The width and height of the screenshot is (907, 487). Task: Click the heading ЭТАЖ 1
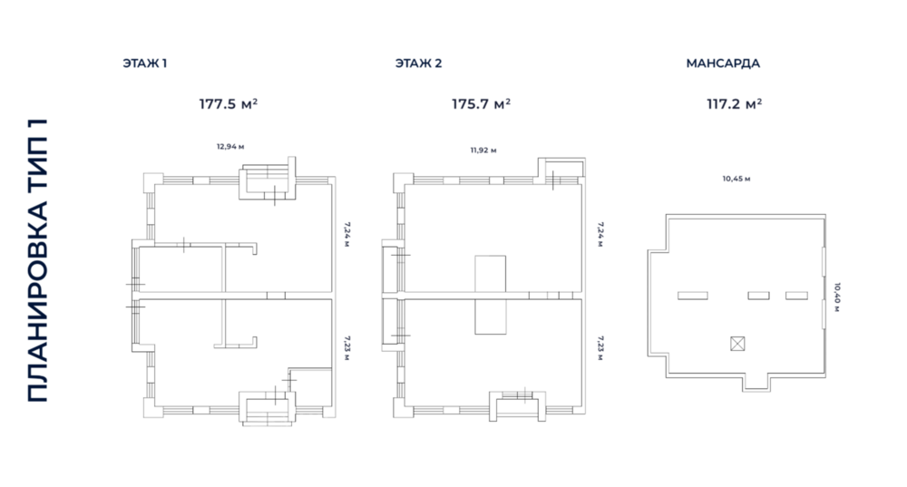[145, 63]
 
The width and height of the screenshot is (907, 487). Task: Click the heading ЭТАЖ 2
[418, 63]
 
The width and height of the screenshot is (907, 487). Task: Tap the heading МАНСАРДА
[723, 63]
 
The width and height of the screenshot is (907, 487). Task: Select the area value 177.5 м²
[229, 103]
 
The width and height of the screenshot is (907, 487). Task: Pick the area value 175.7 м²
[481, 103]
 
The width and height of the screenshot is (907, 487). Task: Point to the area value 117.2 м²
[734, 103]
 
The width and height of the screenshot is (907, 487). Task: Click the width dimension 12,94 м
[230, 145]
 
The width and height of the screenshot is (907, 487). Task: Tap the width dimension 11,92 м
[483, 150]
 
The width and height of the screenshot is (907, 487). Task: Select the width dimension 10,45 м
[736, 179]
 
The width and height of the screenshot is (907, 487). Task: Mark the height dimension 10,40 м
[837, 296]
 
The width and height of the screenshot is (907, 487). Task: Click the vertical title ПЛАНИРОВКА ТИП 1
[38, 259]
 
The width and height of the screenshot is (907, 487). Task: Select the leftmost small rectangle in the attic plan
[694, 296]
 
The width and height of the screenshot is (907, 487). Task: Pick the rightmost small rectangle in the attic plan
[796, 296]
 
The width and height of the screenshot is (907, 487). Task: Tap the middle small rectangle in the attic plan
[758, 296]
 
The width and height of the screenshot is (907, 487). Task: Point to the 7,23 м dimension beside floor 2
[600, 349]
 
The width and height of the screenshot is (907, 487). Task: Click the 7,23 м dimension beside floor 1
[346, 349]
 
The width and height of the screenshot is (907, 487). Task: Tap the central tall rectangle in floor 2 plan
[491, 295]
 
